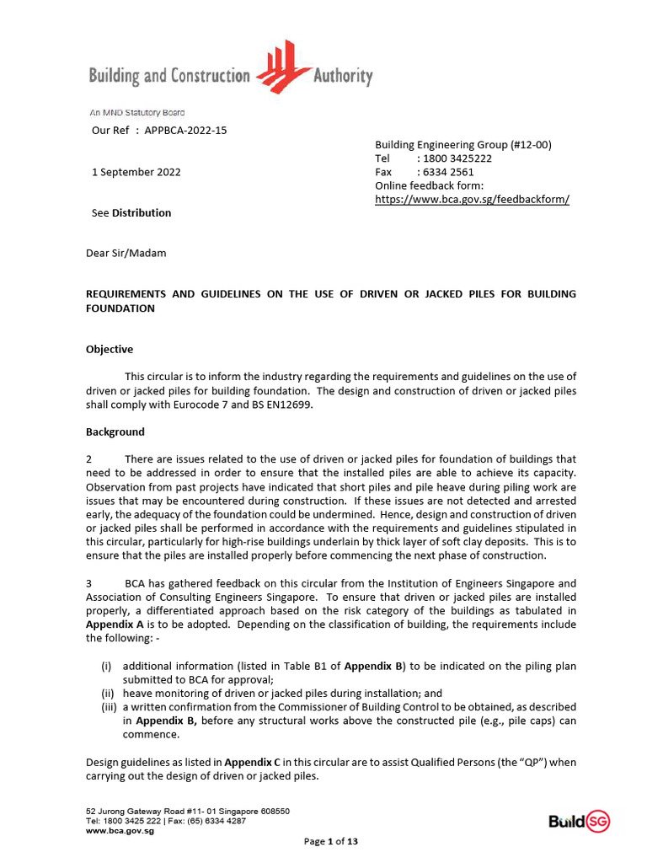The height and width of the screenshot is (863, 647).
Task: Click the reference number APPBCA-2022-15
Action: [x=185, y=130]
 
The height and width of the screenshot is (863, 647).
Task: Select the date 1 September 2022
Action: [x=136, y=172]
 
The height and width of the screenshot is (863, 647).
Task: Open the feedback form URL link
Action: [x=472, y=199]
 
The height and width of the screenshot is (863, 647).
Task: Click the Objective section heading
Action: [x=110, y=349]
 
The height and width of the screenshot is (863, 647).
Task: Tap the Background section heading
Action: [x=115, y=431]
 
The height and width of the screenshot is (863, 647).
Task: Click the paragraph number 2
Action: [x=89, y=459]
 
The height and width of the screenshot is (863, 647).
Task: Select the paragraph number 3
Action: [x=89, y=583]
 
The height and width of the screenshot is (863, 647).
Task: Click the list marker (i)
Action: [x=106, y=666]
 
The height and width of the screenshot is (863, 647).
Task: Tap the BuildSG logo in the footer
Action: [x=579, y=822]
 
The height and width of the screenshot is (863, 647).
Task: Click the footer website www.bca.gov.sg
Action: [x=120, y=830]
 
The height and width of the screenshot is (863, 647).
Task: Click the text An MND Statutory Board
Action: [x=136, y=112]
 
